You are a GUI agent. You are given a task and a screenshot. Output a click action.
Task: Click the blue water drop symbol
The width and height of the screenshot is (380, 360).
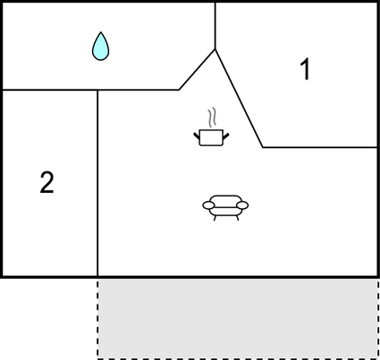coord(101,47)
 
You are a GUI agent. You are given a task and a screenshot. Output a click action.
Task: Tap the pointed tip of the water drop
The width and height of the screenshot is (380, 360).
coord(101,32)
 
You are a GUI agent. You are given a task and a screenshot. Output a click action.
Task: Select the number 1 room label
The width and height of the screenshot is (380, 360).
coord(306,70)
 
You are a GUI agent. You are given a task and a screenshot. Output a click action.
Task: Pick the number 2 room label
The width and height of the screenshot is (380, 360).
coord(46,182)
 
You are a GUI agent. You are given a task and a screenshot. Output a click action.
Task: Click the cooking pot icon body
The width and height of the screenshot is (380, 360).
coord(211,138)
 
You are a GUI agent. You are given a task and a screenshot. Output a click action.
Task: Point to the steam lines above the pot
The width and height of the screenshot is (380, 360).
coord(212,117)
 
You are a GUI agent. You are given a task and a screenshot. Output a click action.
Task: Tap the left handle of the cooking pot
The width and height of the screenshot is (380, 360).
coord(197,136)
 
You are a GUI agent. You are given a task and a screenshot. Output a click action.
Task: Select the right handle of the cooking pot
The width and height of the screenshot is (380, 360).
coord(225,136)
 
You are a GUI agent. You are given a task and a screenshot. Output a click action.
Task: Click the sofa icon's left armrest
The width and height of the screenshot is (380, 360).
coord(208,205)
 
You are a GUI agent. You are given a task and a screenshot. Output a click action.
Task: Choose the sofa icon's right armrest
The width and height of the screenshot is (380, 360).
coord(242,205)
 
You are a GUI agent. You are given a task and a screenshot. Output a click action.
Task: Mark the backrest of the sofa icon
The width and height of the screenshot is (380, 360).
coord(225,199)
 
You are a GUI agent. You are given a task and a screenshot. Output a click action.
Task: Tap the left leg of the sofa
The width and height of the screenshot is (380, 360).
coord(215,218)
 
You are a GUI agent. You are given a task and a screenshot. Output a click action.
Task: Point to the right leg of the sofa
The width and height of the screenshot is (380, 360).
coord(237,218)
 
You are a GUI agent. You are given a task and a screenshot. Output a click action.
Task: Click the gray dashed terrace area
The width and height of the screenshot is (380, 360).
coord(238,319)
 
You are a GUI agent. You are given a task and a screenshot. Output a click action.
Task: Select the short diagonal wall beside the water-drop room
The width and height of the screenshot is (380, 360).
coord(197,70)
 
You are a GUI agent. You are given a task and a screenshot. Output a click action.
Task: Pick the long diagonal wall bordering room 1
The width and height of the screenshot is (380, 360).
coord(239,98)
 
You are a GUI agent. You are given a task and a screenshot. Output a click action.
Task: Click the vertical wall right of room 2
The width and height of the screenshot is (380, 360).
coord(97,183)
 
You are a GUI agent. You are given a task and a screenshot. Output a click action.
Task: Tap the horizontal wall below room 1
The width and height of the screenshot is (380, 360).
coord(320,147)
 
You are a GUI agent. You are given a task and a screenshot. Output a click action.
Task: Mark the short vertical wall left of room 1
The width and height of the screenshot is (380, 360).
coord(215,26)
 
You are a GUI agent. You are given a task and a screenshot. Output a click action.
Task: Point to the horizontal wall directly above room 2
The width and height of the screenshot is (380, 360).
coord(50,89)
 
